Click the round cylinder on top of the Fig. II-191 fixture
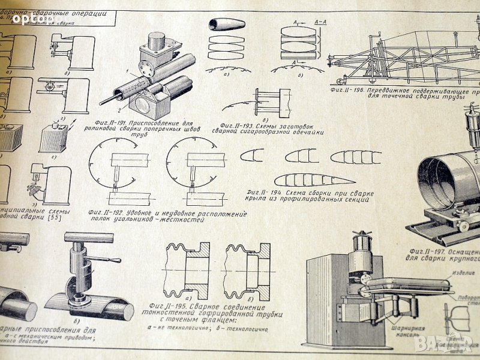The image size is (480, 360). point(157,42)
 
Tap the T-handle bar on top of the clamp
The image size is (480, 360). point(88,237)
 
